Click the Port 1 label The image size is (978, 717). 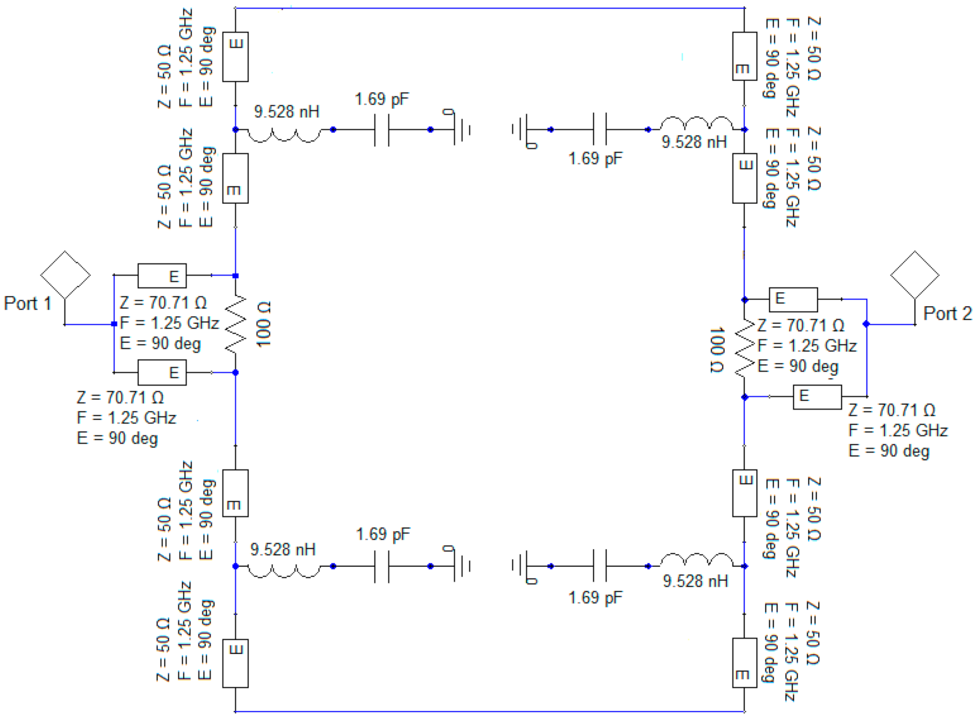coord(28,303)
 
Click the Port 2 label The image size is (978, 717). coord(947,314)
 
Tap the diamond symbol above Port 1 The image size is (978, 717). coord(65,275)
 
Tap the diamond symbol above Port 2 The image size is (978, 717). coord(915,275)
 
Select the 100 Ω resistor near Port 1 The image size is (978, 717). coord(236,324)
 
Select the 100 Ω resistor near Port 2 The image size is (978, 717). coord(745,349)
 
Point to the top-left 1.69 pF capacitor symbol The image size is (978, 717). coord(382,130)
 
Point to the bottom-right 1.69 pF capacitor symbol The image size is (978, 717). coord(600,566)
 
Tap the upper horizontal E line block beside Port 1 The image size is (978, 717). coord(162,276)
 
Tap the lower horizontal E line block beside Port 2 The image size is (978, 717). coord(817,397)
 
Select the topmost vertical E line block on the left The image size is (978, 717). coord(236,57)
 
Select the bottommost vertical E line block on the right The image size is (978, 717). coord(744,663)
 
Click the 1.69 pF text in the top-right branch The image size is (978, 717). coord(595,159)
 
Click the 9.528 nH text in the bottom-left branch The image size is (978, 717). coord(283,549)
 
